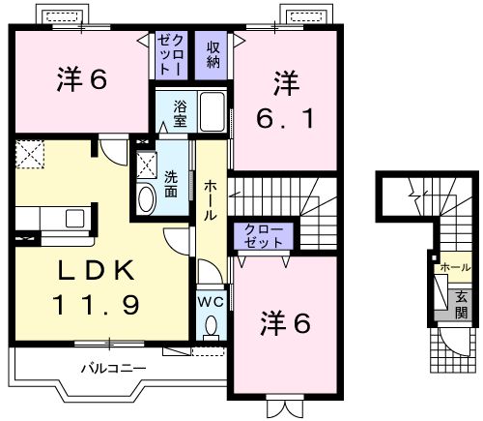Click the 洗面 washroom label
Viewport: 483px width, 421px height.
171,185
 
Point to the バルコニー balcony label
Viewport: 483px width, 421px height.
113,368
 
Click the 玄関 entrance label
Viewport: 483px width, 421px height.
462,305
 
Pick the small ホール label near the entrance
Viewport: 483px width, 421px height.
454,267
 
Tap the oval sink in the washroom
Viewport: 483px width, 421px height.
146,200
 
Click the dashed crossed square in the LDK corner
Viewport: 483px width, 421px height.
30,155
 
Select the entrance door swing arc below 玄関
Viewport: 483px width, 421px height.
451,341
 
